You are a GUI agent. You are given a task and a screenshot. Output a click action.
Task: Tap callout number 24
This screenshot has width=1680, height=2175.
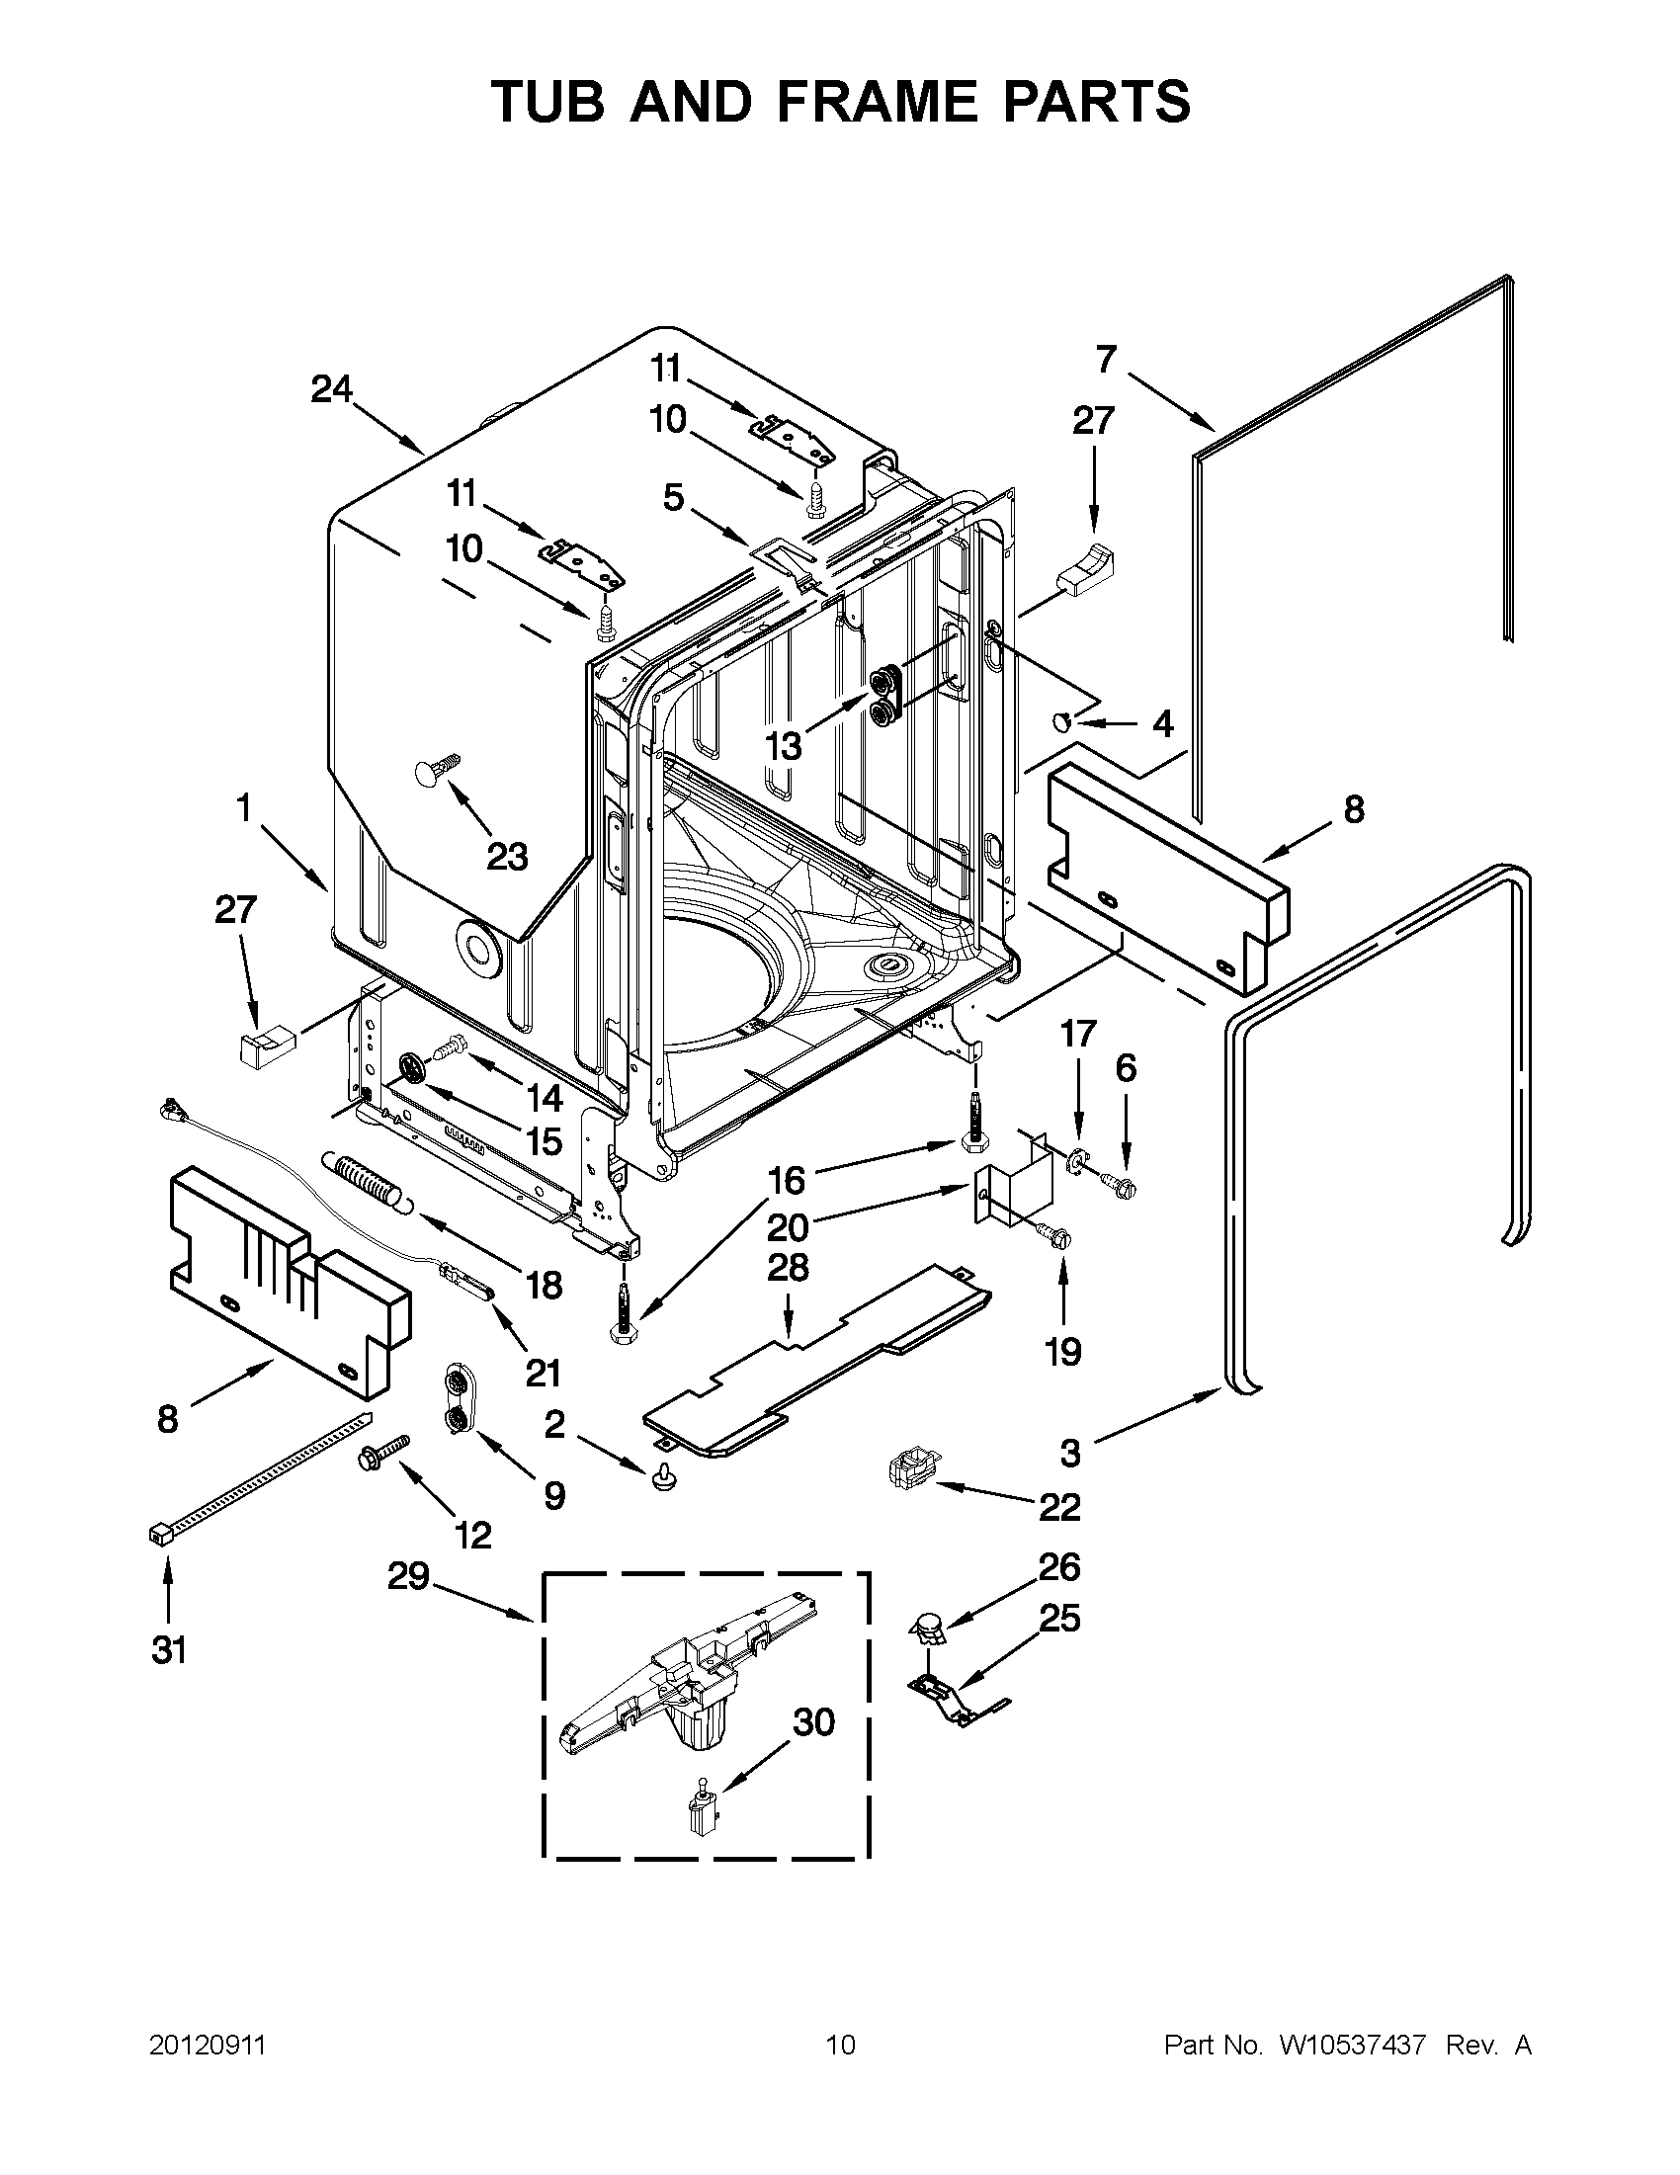[x=332, y=389]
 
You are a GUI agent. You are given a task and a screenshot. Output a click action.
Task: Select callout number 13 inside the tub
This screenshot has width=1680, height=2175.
[x=784, y=744]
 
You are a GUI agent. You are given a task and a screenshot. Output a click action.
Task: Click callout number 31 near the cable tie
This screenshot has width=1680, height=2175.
[x=168, y=1650]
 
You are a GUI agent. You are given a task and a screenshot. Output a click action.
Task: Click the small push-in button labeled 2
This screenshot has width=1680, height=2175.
[x=660, y=1481]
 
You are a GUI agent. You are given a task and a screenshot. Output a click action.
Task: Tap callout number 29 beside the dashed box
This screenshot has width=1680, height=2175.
[x=408, y=1576]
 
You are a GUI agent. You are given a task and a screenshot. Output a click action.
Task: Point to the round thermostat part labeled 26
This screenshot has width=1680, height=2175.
[x=928, y=1627]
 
